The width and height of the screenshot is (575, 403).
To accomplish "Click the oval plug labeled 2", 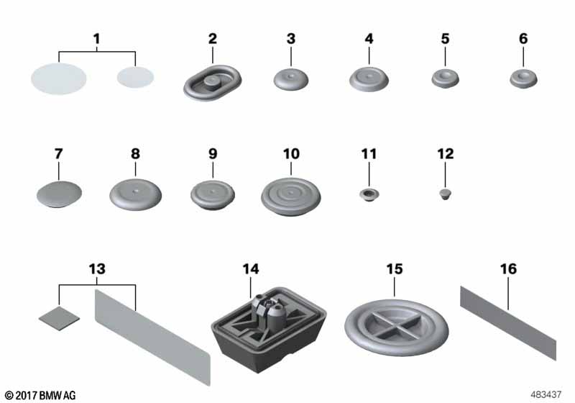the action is tap(213, 83).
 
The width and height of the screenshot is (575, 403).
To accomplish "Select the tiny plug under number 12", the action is tap(445, 194).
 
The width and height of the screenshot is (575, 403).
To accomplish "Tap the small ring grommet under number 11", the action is tap(369, 194).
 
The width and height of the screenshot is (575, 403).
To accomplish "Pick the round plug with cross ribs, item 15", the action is tap(397, 327).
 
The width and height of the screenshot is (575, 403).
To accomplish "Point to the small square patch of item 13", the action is tap(59, 318).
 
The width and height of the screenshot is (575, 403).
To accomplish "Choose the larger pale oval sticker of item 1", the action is tap(59, 78).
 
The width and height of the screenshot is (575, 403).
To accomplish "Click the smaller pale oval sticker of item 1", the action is tap(135, 77).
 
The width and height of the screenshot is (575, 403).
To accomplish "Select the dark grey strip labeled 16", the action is tap(508, 323).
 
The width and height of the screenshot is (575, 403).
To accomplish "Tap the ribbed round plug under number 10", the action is tap(291, 196).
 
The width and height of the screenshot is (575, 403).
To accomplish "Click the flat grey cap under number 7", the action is tap(59, 194).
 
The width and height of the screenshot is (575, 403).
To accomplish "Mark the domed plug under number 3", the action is tap(291, 79).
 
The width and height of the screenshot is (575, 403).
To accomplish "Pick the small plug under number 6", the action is tap(523, 78).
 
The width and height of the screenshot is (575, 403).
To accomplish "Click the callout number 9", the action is tap(213, 154).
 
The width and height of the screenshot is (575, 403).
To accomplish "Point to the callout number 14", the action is tap(251, 269).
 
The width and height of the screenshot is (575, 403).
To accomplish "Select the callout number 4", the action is tap(369, 39).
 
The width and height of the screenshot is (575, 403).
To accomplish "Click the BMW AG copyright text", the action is tap(40, 395).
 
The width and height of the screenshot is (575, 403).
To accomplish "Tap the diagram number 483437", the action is tap(546, 394).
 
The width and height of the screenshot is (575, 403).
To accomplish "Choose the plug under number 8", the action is tap(135, 194).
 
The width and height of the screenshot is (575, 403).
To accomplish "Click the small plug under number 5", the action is tap(445, 78).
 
